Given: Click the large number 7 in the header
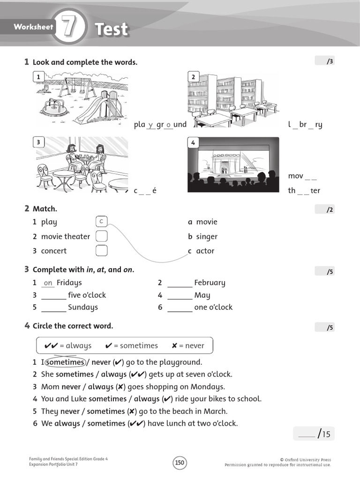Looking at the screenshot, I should tap(69, 28).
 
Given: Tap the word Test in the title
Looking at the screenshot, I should tap(112, 30).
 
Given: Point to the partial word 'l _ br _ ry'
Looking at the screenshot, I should tap(305, 125).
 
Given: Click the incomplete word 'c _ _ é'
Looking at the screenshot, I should tap(145, 191).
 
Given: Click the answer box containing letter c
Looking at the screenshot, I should tap(101, 222).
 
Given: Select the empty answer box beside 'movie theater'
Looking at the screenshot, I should tap(101, 236).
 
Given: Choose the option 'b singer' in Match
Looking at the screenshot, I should tap(203, 237).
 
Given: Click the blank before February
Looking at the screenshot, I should tap(180, 283).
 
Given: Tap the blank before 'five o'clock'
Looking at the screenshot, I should tap(53, 296).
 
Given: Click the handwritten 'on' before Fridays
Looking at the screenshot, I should tap(48, 283).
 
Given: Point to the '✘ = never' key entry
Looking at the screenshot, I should tap(188, 346).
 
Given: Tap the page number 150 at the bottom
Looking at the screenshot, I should tap(180, 463).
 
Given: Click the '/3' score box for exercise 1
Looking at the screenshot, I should tap(324, 61).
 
